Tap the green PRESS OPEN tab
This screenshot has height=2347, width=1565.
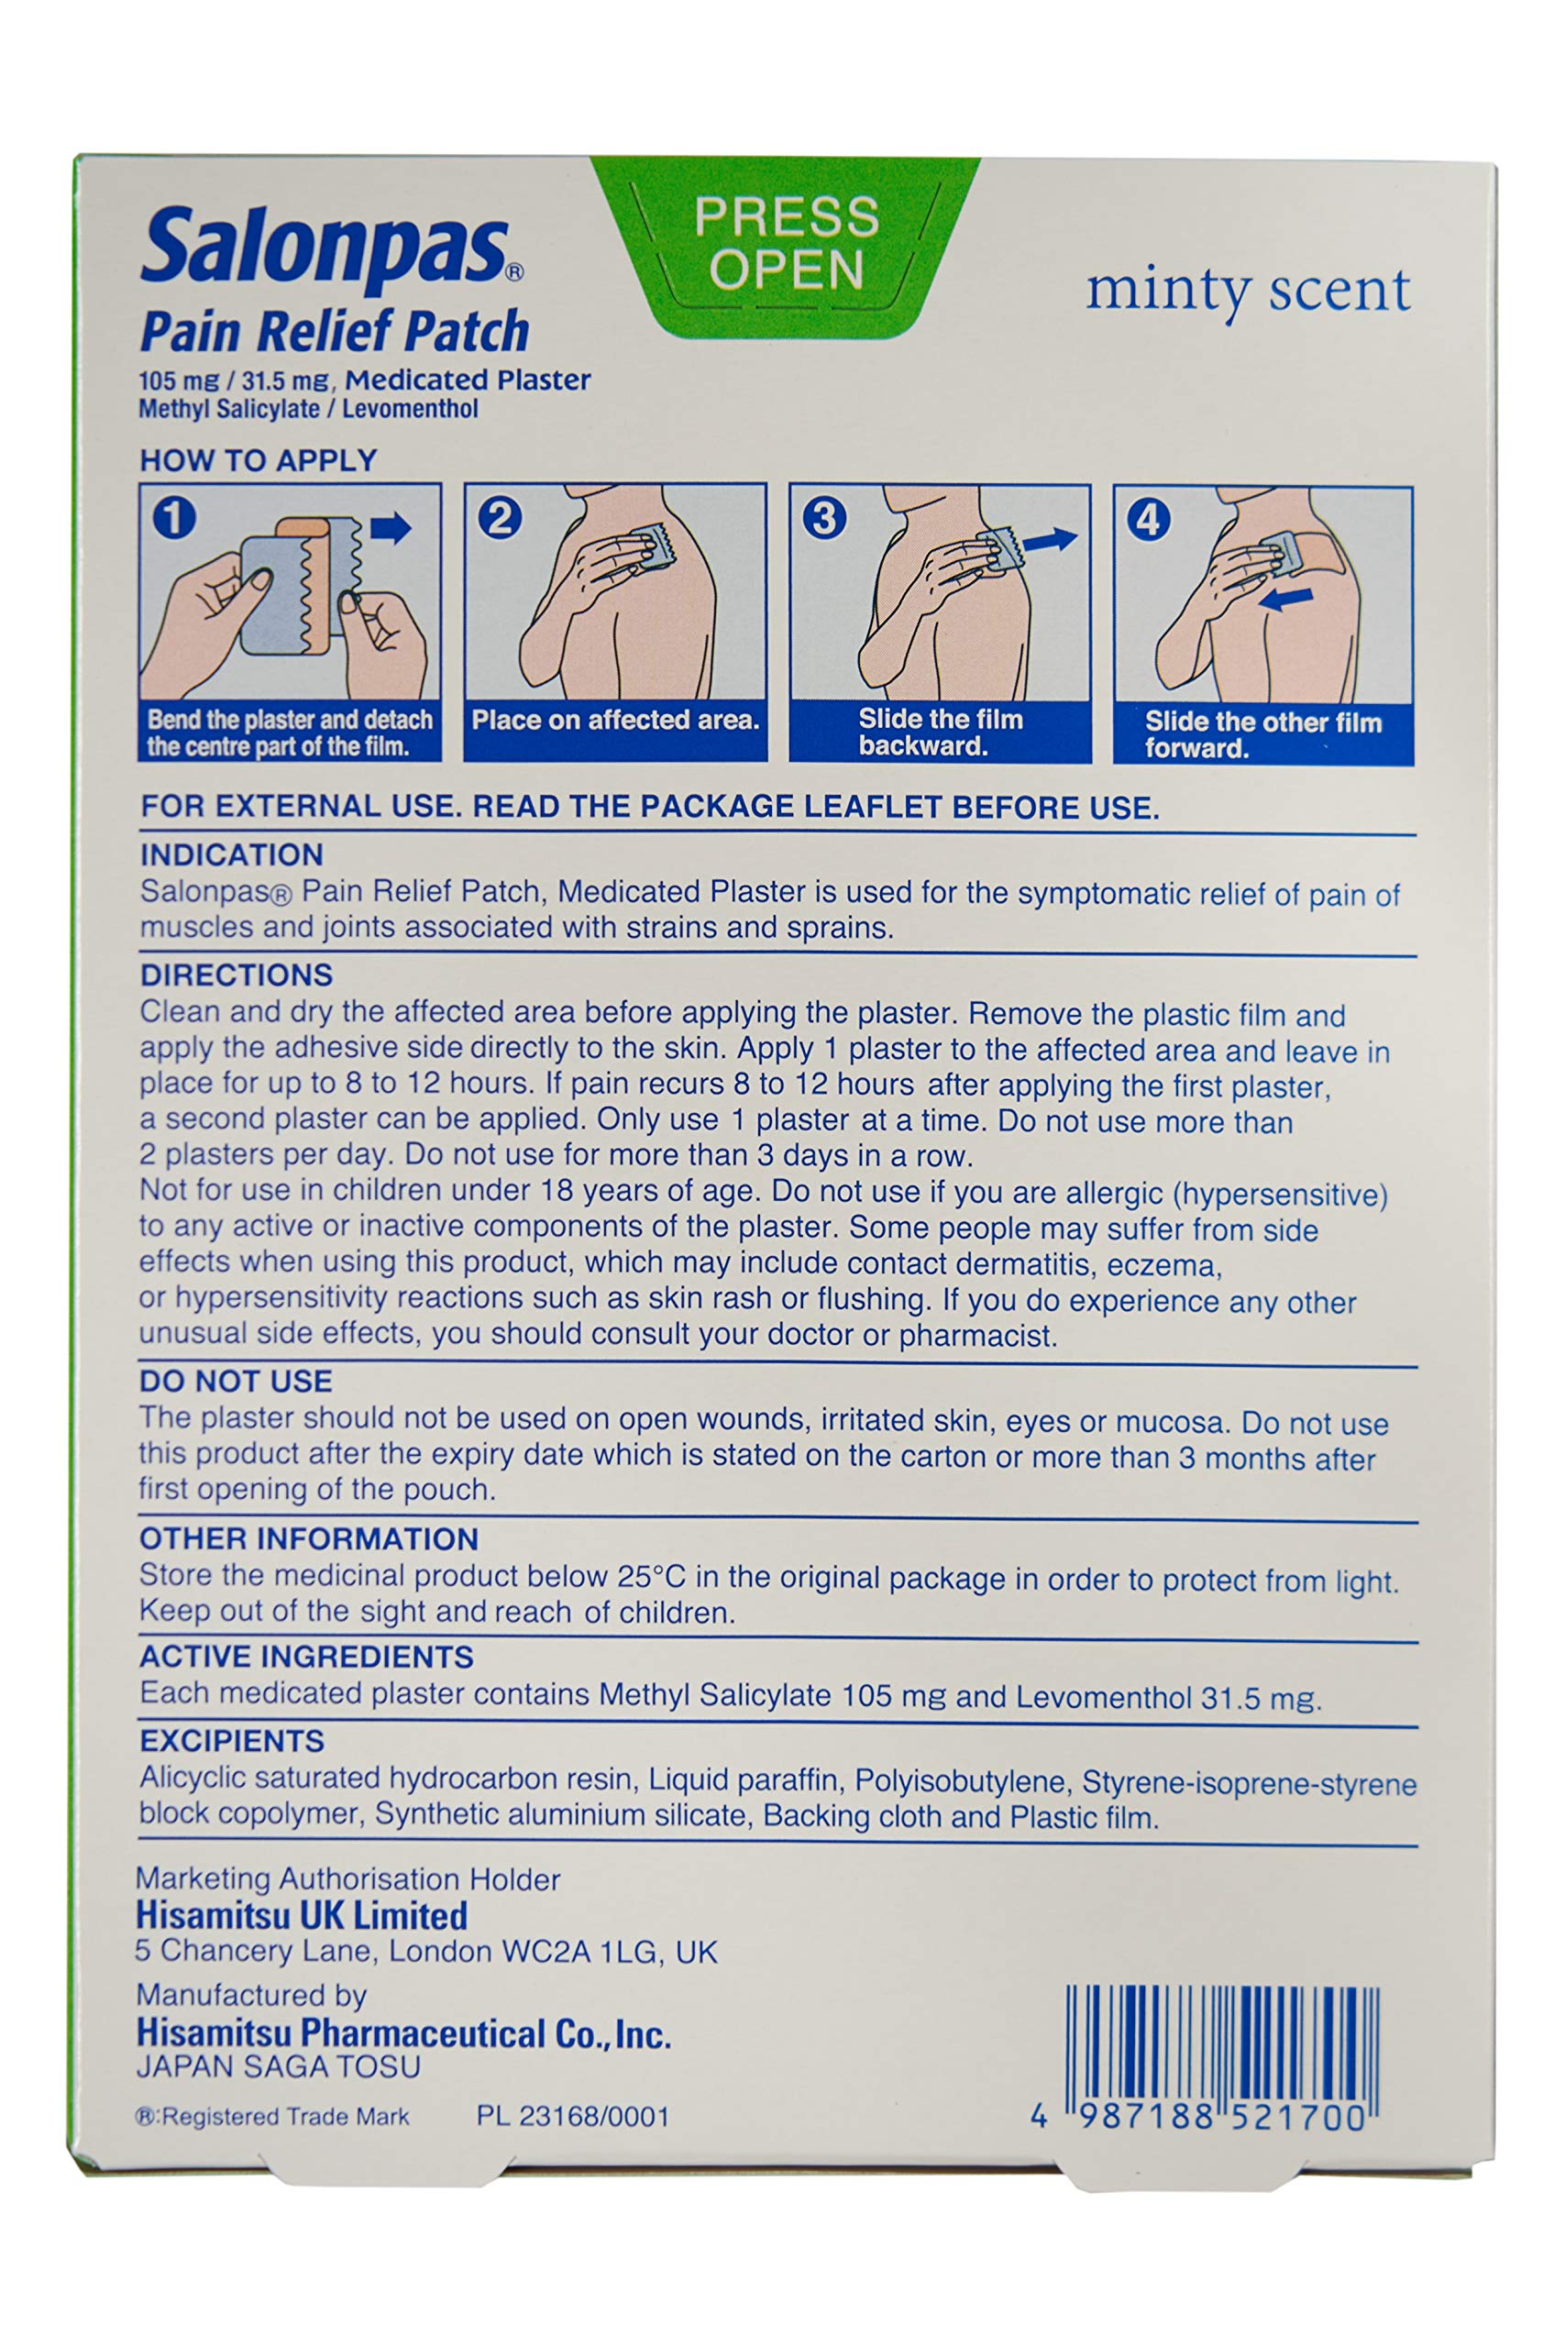pyautogui.click(x=787, y=244)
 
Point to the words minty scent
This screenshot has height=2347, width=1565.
pyautogui.click(x=1248, y=291)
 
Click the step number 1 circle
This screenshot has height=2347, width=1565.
pyautogui.click(x=173, y=518)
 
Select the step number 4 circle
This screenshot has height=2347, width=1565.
pyautogui.click(x=1148, y=520)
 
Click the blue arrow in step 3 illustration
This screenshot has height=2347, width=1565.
pyautogui.click(x=1050, y=540)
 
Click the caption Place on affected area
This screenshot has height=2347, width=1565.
pyautogui.click(x=615, y=720)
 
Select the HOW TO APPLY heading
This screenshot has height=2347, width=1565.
pyautogui.click(x=259, y=460)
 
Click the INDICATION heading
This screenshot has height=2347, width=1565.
pyautogui.click(x=232, y=855)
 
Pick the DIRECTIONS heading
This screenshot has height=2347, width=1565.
pyautogui.click(x=237, y=975)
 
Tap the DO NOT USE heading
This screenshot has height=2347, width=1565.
pyautogui.click(x=236, y=1381)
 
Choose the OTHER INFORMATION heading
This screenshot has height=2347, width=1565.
pyautogui.click(x=308, y=1538)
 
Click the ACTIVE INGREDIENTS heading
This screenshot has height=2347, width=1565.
pyautogui.click(x=306, y=1657)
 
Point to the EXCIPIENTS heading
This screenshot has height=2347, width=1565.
pyautogui.click(x=232, y=1741)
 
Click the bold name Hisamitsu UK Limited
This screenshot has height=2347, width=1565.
pyautogui.click(x=302, y=1916)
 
